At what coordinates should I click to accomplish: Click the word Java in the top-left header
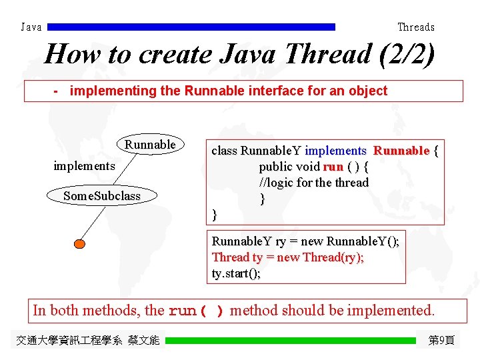tap(31, 27)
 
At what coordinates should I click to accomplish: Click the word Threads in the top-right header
tap(416, 27)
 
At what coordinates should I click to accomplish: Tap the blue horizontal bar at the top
tap(192, 27)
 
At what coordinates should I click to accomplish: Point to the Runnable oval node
tap(150, 145)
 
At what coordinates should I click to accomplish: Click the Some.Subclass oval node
tap(102, 196)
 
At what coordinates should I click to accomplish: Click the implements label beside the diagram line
tap(84, 165)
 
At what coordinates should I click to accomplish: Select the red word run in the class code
tap(333, 167)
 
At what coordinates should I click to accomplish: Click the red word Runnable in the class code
tap(401, 151)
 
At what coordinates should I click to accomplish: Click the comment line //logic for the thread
tap(314, 183)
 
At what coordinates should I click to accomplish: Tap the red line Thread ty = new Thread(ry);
tap(288, 257)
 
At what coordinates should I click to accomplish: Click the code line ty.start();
tap(237, 273)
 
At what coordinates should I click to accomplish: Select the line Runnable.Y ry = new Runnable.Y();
tap(305, 241)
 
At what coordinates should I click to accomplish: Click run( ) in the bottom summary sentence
tap(197, 311)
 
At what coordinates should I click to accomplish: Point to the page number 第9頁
tap(441, 341)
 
